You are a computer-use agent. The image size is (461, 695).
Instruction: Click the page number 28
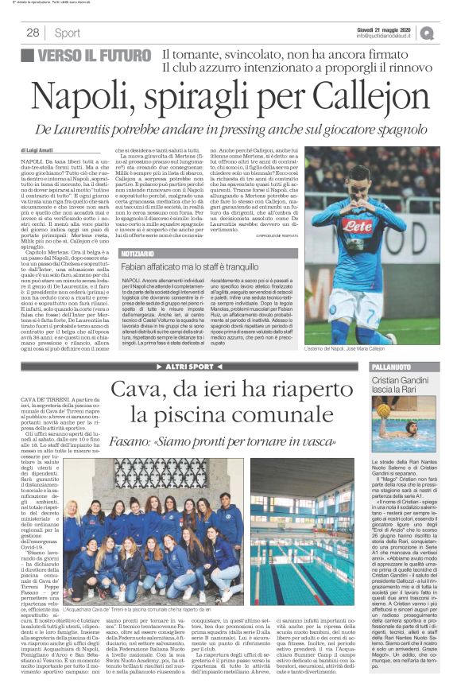33,33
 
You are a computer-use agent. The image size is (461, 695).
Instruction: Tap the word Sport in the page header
68,33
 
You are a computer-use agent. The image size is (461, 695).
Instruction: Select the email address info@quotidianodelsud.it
386,36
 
